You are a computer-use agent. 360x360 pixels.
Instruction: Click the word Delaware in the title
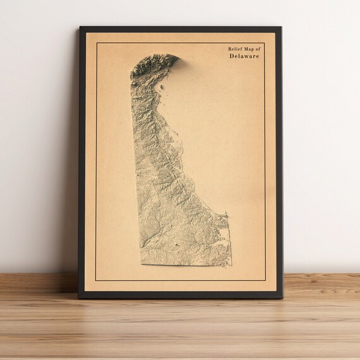click(244, 56)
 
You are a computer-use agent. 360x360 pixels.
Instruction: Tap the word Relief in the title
click(236, 48)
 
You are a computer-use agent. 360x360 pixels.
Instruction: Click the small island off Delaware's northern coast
click(162, 88)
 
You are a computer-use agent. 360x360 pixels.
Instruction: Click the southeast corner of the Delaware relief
click(229, 264)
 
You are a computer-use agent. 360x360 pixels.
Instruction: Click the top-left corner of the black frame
click(80, 27)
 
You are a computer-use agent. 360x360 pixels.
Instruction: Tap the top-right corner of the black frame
click(281, 27)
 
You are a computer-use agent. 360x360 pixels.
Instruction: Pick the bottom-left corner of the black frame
click(79, 297)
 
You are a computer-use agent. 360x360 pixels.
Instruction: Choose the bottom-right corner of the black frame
click(282, 297)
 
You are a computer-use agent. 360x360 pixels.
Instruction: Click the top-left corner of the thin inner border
click(96, 42)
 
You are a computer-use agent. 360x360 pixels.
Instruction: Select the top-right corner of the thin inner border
click(265, 42)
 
